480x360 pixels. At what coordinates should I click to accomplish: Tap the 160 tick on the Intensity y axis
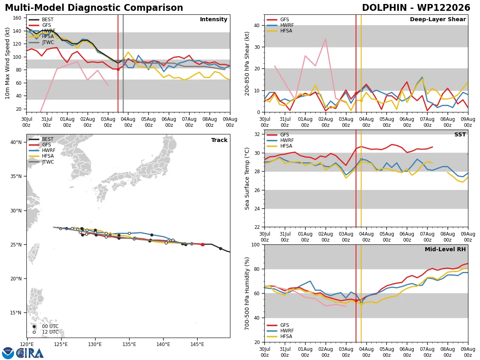[x=17, y=18]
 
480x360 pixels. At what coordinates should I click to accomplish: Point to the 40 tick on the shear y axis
[x=257, y=25]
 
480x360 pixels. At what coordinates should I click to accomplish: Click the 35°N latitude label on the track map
[x=16, y=176]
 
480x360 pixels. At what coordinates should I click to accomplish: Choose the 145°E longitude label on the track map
[x=197, y=345]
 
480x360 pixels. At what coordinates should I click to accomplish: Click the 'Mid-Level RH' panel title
[x=445, y=249]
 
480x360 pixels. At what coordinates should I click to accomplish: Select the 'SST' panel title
[x=460, y=134]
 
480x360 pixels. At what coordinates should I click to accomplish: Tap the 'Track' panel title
[x=219, y=140]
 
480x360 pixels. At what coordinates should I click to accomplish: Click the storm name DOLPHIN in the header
[x=384, y=8]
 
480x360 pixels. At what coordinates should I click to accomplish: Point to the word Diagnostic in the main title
[x=94, y=8]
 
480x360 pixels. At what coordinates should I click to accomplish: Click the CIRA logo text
[x=30, y=353]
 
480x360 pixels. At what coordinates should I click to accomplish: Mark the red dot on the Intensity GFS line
[x=118, y=69]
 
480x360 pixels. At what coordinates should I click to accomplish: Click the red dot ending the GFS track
[x=203, y=244]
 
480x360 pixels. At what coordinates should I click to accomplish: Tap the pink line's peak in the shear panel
[x=326, y=39]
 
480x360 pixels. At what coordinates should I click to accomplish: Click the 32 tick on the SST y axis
[x=257, y=134]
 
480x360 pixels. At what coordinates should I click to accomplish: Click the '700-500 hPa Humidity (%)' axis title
[x=247, y=294]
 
